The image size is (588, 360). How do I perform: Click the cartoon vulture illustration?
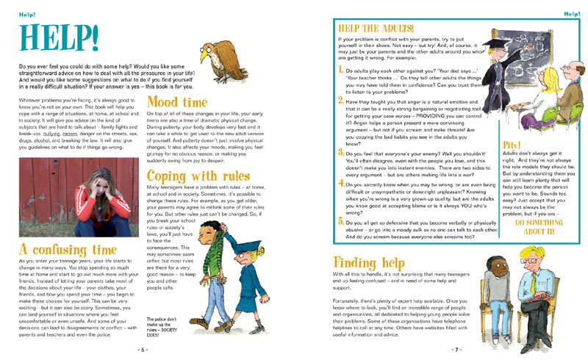222,63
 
